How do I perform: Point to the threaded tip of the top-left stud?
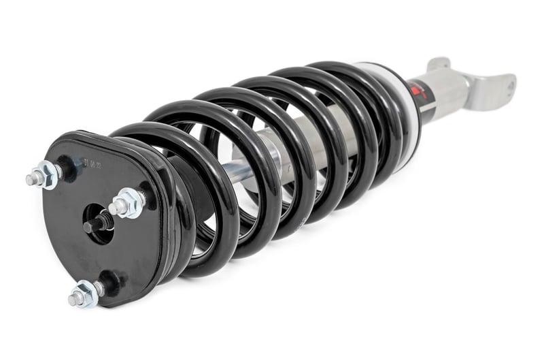coord(31,181)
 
